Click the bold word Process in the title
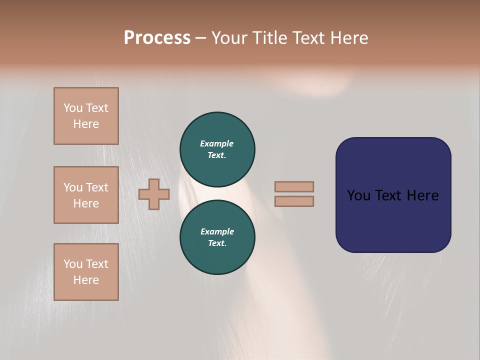157,38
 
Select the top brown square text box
86,116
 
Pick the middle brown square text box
86,195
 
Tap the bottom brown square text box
86,272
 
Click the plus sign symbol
154,194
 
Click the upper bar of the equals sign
294,186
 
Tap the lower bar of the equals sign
294,201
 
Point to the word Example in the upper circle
217,143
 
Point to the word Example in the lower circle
217,231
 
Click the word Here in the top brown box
86,124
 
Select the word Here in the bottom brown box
86,280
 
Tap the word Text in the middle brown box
97,187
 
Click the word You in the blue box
358,195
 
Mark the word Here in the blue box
422,195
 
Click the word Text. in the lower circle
217,243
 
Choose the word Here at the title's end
348,38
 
